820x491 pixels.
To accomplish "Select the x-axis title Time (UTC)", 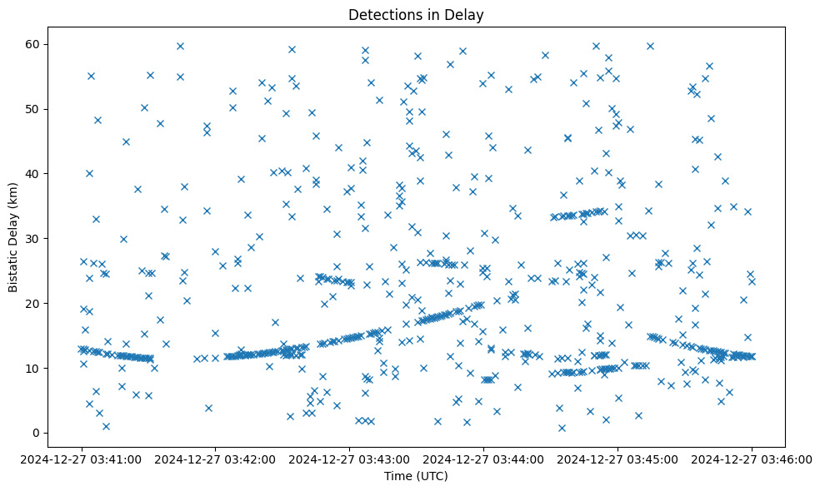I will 416,476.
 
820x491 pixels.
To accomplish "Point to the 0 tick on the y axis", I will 37,433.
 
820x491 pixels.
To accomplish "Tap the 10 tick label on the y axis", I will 33,368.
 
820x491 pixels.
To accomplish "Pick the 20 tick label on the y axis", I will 33,303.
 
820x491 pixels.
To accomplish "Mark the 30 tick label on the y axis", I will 33,238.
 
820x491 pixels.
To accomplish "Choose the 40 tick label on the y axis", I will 33,173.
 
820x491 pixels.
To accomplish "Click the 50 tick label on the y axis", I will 33,109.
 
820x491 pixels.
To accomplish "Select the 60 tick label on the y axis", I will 33,44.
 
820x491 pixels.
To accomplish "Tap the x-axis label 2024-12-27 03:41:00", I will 82,459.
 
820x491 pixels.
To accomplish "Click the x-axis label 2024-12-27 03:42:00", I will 216,459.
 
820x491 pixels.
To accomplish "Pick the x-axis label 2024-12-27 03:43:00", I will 350,459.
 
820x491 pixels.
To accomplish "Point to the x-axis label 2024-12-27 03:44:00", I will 484,459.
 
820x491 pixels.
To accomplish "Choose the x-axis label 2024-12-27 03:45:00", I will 618,459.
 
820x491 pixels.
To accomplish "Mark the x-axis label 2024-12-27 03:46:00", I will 752,459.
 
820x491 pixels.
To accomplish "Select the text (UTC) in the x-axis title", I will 432,476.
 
